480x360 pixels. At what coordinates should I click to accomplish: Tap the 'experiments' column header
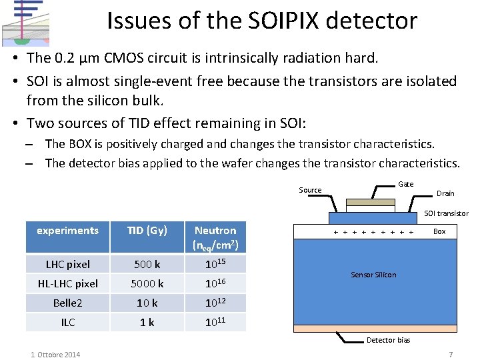[x=67, y=231]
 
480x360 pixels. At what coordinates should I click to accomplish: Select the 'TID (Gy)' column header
[x=147, y=231]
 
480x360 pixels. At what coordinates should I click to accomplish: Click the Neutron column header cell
[x=215, y=237]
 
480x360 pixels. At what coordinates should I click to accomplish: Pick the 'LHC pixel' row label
[x=67, y=264]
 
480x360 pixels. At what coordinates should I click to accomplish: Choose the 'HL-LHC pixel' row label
[x=67, y=283]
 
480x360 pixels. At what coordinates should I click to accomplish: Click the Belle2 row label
[x=67, y=303]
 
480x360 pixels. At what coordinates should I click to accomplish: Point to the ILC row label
[x=67, y=322]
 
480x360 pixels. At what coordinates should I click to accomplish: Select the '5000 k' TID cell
[x=147, y=283]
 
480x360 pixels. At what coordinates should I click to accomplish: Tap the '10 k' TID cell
[x=147, y=303]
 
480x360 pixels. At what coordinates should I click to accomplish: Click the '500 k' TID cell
[x=147, y=264]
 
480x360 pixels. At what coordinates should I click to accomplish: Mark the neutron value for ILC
[x=215, y=321]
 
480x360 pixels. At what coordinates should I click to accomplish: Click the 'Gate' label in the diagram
[x=405, y=184]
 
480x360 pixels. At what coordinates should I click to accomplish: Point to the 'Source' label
[x=310, y=190]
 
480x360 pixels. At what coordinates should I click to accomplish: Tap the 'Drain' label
[x=445, y=193]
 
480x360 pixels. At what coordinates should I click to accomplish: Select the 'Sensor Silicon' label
[x=373, y=275]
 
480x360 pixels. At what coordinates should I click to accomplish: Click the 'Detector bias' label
[x=389, y=340]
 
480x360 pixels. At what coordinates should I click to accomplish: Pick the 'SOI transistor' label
[x=447, y=213]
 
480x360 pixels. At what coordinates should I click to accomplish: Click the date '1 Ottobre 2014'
[x=55, y=354]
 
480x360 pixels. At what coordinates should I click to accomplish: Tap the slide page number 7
[x=451, y=354]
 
